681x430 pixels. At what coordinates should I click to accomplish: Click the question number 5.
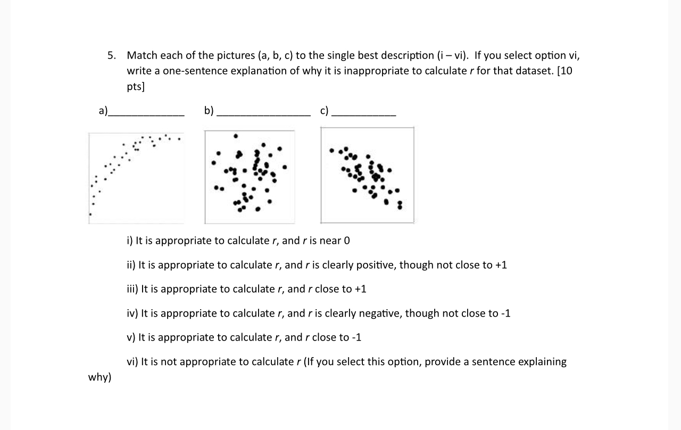point(111,55)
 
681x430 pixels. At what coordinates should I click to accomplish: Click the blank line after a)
point(146,114)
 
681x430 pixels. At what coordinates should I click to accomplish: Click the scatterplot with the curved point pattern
point(136,177)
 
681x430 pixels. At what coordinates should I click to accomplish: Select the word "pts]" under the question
point(136,87)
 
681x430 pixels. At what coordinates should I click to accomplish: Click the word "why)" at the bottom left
point(99,377)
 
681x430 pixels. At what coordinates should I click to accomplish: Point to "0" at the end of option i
point(347,241)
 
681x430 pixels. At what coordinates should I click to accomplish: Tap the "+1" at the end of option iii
point(360,289)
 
